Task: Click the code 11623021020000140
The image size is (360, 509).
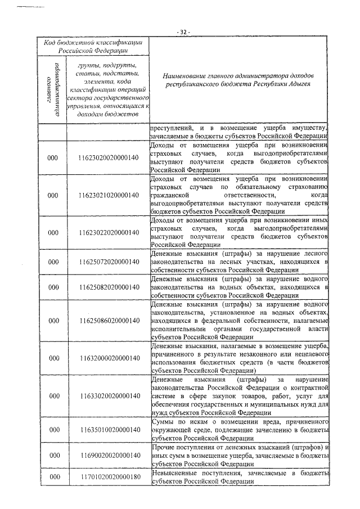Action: tap(109, 195)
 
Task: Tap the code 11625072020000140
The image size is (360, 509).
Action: tap(109, 262)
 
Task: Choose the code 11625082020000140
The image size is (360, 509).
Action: tap(109, 287)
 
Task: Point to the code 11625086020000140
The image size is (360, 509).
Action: tap(109, 321)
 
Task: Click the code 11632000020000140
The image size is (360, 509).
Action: tap(109, 358)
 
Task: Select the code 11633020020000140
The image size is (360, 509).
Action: tap(109, 396)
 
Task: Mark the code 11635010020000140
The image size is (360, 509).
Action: tap(109, 430)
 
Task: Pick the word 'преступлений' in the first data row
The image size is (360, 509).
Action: tap(172, 127)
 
